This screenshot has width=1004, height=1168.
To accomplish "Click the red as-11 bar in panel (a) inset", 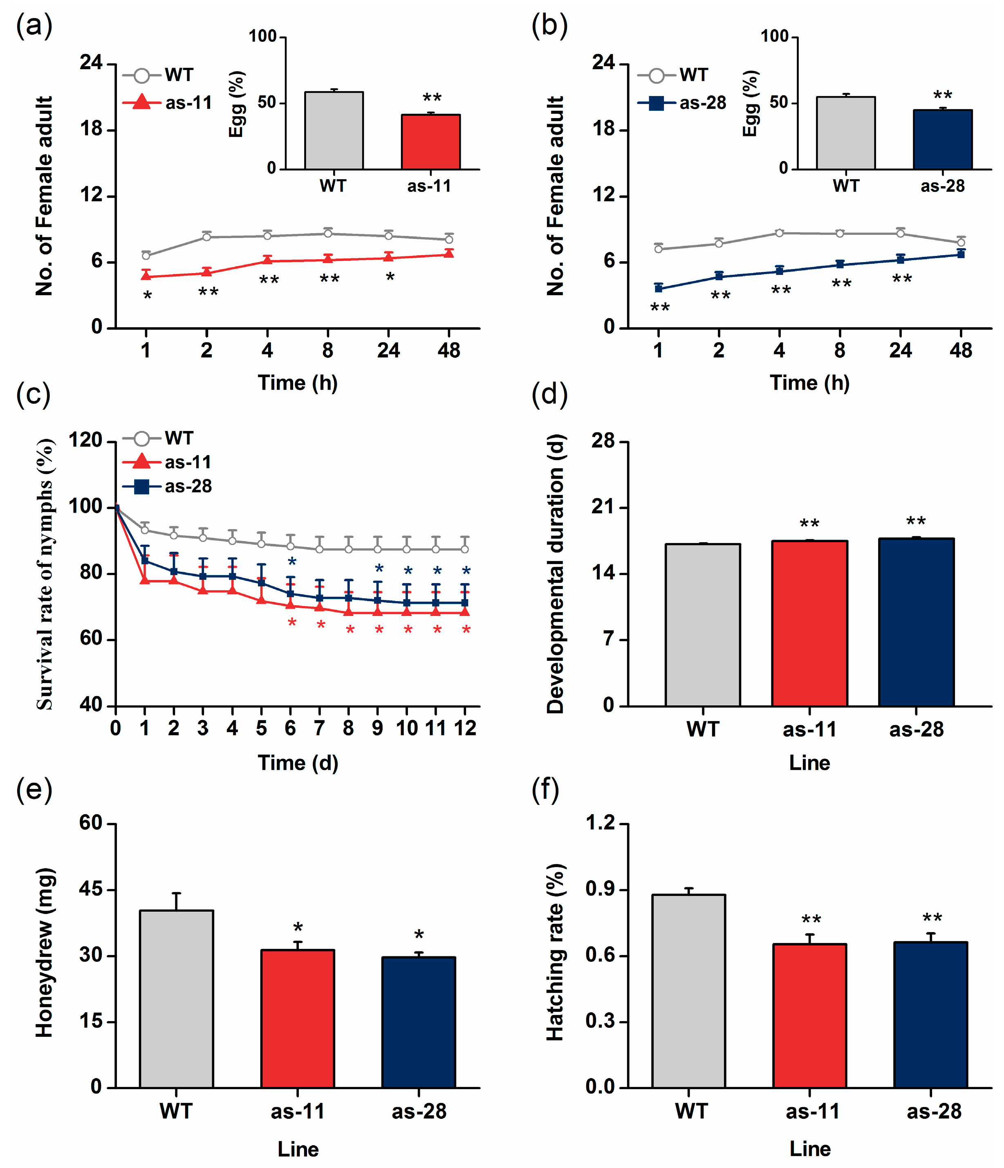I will (x=430, y=142).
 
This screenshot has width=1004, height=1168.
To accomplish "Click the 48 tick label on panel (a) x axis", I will (x=448, y=350).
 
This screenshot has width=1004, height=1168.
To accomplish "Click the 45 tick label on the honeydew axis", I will (x=90, y=889).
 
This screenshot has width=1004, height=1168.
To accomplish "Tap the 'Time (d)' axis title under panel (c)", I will (x=298, y=763).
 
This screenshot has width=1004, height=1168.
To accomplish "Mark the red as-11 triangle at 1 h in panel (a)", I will (x=146, y=276).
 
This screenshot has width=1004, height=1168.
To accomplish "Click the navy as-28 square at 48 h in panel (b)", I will (x=961, y=254).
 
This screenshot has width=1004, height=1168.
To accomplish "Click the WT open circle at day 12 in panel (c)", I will (x=464, y=549).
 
